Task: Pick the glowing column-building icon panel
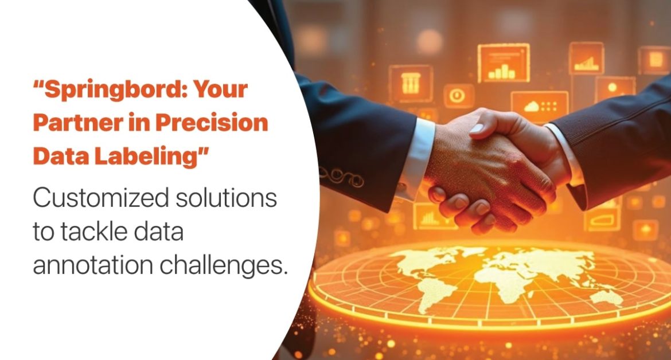tap(410, 84)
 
